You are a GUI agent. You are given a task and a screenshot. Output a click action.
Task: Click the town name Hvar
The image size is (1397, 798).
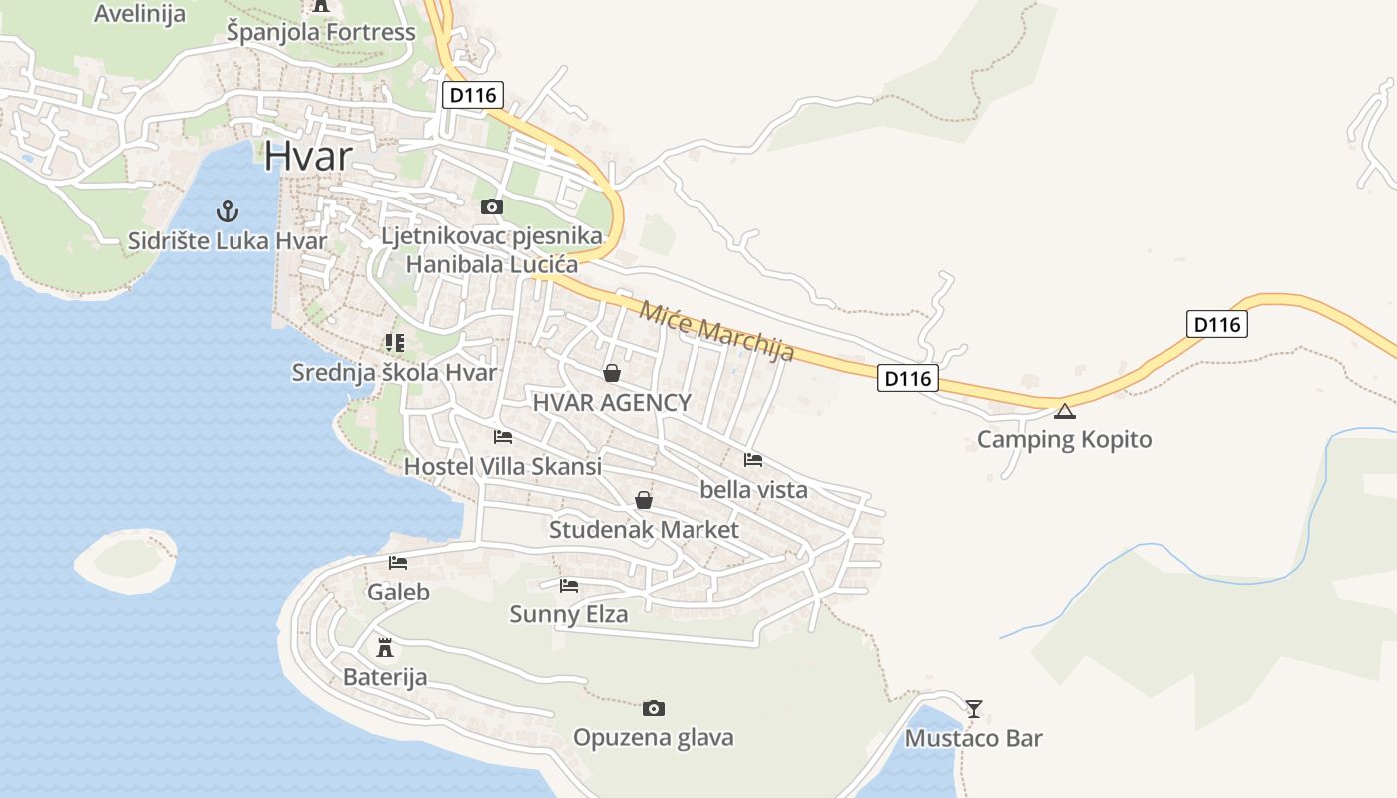coord(309,157)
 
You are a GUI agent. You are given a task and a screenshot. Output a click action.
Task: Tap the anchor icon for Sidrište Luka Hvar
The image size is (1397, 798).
coord(229,211)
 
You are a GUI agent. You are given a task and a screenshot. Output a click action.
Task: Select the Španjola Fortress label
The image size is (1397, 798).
coord(320,32)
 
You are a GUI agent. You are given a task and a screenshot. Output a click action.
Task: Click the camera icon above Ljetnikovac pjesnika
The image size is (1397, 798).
coord(491,206)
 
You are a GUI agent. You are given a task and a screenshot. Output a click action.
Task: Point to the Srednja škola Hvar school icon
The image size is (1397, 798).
coord(394,343)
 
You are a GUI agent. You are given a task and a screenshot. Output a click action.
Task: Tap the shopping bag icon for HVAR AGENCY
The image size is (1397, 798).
coord(611,373)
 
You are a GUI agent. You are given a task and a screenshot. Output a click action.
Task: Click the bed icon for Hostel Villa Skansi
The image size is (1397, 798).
coord(503,437)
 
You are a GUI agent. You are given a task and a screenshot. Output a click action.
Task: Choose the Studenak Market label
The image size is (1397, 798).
coord(644,529)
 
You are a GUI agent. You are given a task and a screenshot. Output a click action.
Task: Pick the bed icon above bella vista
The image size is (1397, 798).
coord(753,460)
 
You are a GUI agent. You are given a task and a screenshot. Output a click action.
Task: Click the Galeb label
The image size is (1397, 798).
coord(398,592)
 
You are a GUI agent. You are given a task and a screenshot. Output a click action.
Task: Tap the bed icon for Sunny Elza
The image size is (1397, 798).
coord(569,585)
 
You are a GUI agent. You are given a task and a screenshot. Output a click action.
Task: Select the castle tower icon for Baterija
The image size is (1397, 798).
coord(385,647)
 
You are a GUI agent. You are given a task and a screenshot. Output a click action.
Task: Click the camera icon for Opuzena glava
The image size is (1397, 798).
coord(653,708)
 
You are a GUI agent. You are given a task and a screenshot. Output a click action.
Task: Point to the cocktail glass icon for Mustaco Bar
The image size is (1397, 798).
coord(974,708)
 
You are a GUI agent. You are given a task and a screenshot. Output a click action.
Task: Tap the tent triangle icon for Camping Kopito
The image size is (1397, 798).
coord(1065,411)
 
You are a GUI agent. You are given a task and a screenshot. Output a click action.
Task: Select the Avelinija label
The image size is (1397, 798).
coord(140,13)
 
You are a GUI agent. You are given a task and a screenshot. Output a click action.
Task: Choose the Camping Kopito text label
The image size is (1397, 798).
coord(1064,439)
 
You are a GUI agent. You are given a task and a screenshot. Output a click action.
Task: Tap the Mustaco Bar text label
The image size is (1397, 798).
coord(973,738)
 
